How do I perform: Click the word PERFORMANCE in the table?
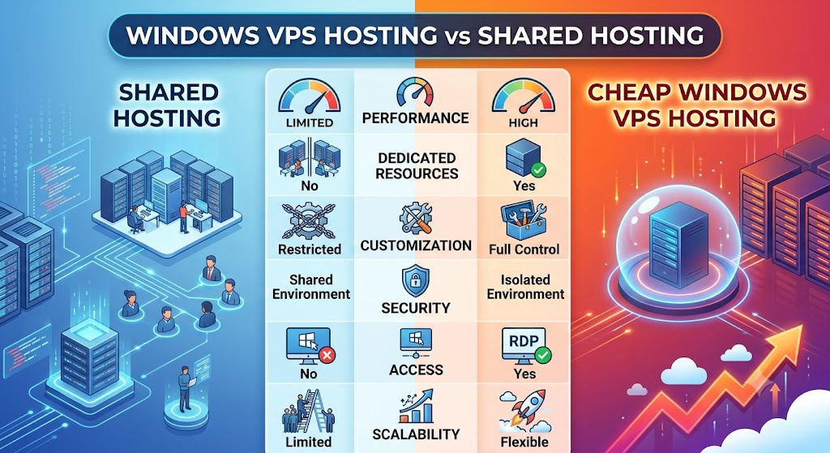tap(416, 118)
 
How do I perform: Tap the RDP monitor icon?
tap(525, 346)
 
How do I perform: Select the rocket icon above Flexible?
tap(524, 412)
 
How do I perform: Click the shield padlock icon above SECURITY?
tap(416, 282)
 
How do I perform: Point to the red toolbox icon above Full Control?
tap(524, 220)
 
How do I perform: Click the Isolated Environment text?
tap(525, 287)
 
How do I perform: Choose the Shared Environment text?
tap(311, 287)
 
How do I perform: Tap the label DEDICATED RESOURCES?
tap(417, 165)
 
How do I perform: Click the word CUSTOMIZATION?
tap(416, 246)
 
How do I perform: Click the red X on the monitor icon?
tap(327, 355)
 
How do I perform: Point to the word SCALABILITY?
tap(416, 434)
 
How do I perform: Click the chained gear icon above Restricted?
tap(310, 221)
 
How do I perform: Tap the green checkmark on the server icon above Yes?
tap(538, 170)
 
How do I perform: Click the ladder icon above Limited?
tap(309, 412)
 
